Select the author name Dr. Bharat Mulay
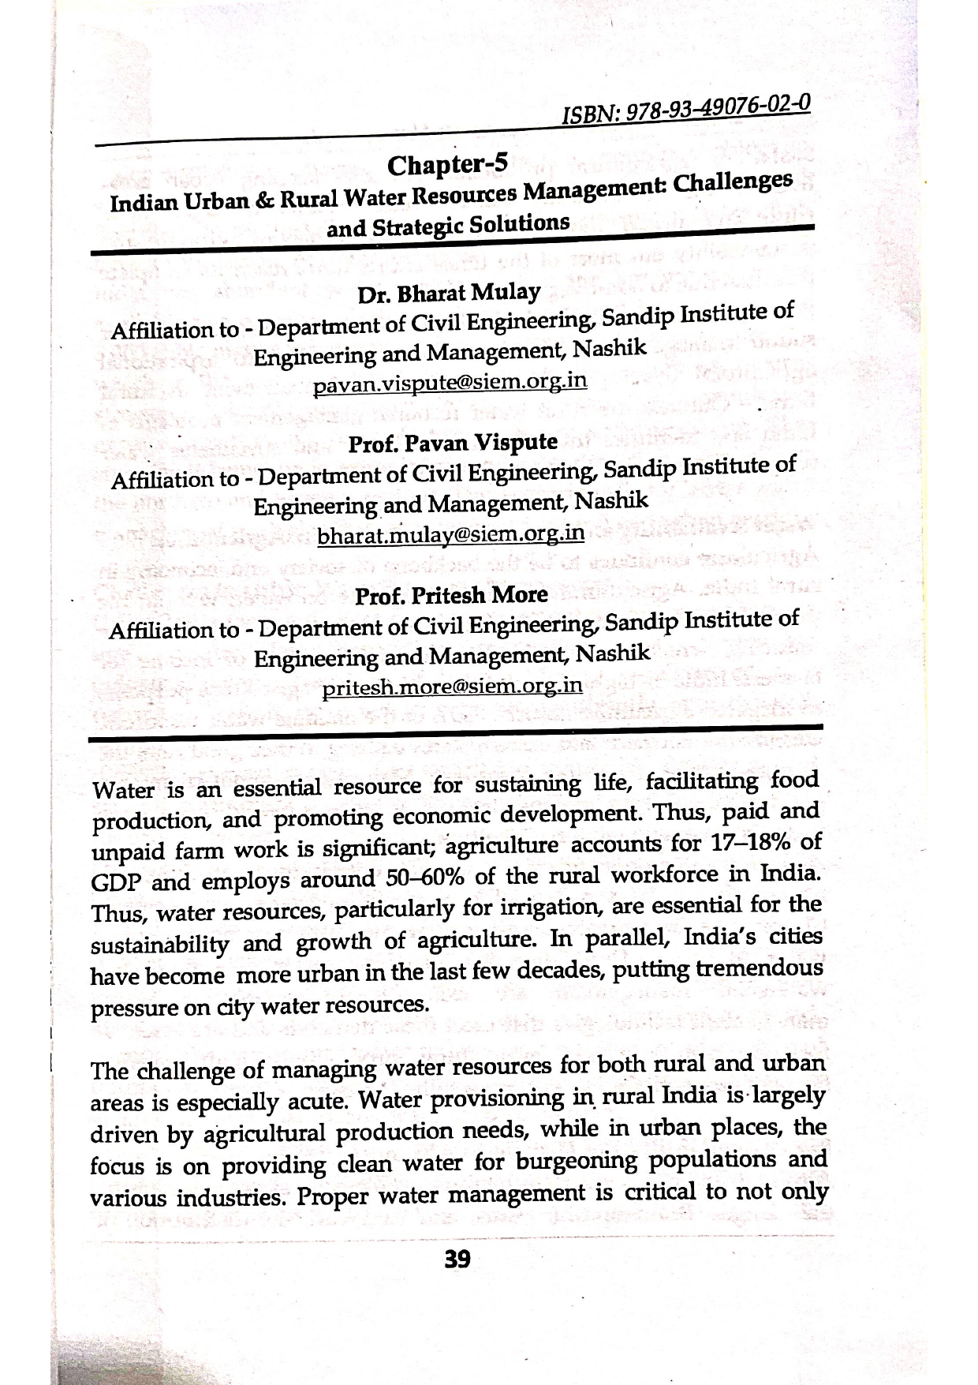(x=449, y=294)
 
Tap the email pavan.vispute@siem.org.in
(x=450, y=383)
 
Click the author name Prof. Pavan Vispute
(x=453, y=443)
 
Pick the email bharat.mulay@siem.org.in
(x=450, y=535)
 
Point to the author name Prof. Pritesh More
(x=451, y=595)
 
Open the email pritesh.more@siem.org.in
(x=453, y=686)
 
